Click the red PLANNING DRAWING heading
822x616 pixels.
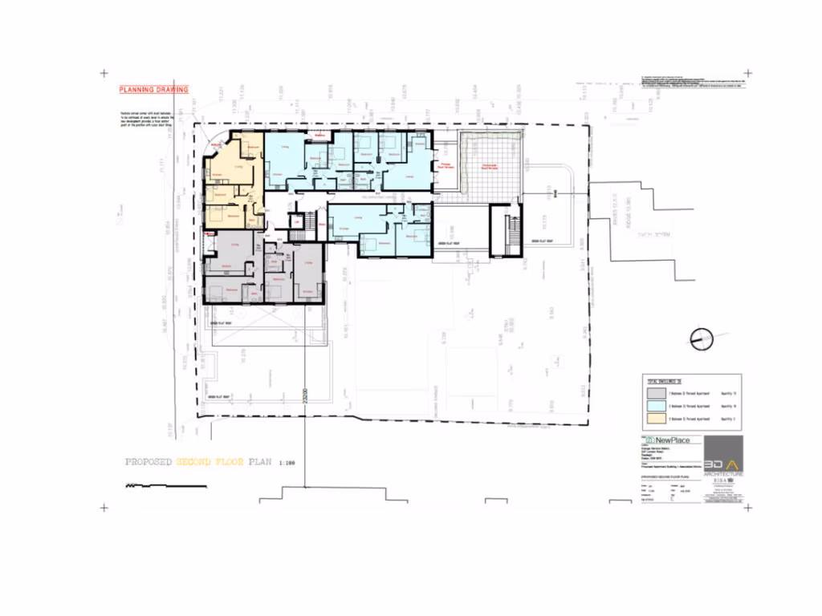pyautogui.click(x=154, y=91)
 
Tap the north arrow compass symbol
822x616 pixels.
pyautogui.click(x=701, y=339)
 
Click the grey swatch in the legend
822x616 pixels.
pyautogui.click(x=657, y=395)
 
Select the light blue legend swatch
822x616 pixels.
pyautogui.click(x=657, y=407)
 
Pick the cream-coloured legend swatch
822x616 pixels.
pyautogui.click(x=657, y=419)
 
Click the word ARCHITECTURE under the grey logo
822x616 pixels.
pyautogui.click(x=723, y=475)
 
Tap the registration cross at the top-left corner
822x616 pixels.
pyautogui.click(x=104, y=74)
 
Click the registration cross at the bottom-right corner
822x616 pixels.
pyautogui.click(x=747, y=507)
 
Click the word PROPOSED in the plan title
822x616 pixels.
pyautogui.click(x=149, y=463)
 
